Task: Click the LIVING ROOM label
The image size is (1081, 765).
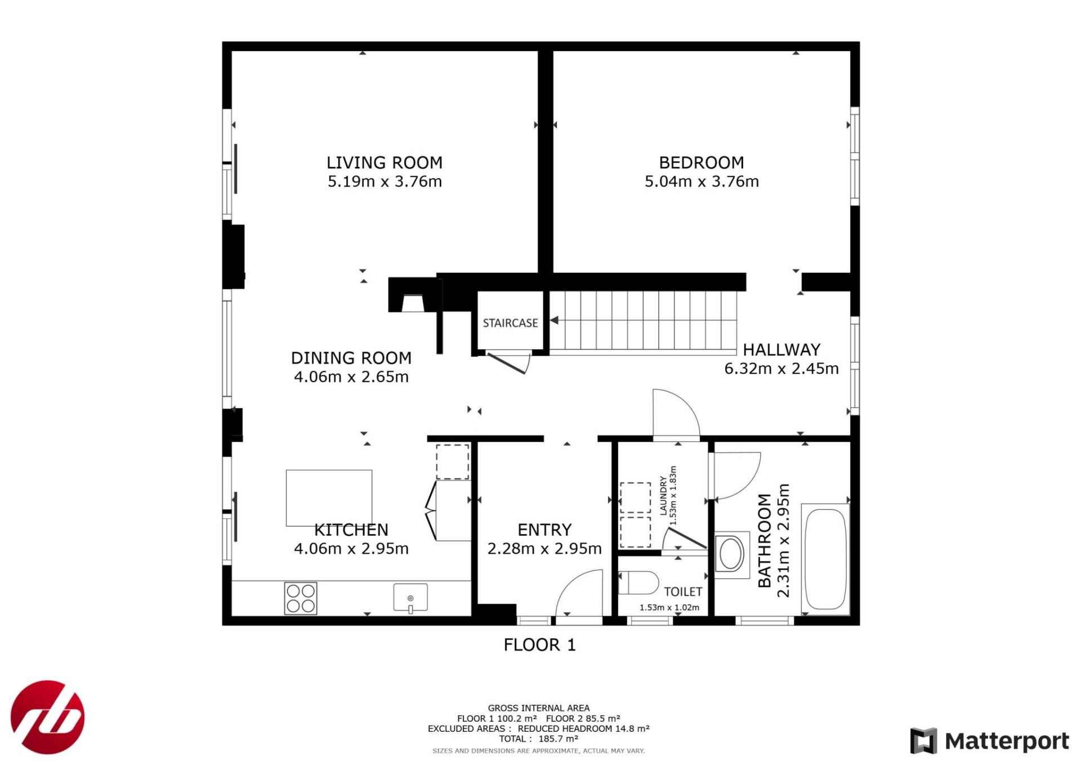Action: pyautogui.click(x=385, y=163)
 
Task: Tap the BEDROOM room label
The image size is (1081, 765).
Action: pyautogui.click(x=702, y=163)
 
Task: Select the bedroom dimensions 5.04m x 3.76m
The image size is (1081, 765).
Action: pyautogui.click(x=702, y=181)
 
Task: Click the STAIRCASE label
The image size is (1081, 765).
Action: pyautogui.click(x=510, y=323)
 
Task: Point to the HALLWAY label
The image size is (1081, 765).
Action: pyautogui.click(x=781, y=350)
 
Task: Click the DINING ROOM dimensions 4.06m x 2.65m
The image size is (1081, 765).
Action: pyautogui.click(x=351, y=377)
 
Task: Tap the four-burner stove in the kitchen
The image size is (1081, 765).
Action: pyautogui.click(x=301, y=598)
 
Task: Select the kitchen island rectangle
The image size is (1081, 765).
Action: pyautogui.click(x=329, y=498)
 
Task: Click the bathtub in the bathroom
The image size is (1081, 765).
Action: pyautogui.click(x=826, y=559)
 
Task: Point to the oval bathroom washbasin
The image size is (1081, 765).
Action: pyautogui.click(x=731, y=554)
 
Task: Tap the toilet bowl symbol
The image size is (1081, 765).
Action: pyautogui.click(x=638, y=583)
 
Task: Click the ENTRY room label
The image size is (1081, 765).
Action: pyautogui.click(x=544, y=530)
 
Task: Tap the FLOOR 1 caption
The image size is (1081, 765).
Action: pyautogui.click(x=539, y=645)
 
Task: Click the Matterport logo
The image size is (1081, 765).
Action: pyautogui.click(x=989, y=741)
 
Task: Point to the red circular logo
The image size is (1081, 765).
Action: pyautogui.click(x=48, y=717)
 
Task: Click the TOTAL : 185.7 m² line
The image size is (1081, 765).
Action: pyautogui.click(x=539, y=739)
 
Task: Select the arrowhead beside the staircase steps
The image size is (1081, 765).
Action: pyautogui.click(x=554, y=320)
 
